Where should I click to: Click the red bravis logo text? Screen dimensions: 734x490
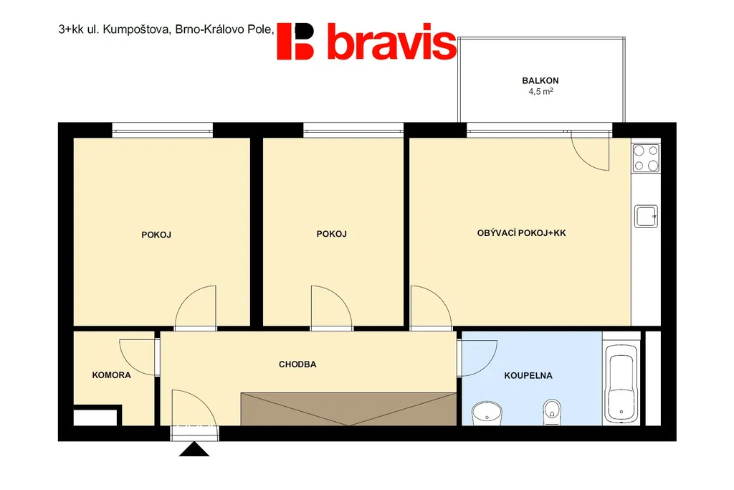tap(391, 41)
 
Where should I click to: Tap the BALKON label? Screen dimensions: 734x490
tap(540, 80)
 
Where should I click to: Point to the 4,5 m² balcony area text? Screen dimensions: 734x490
tap(540, 91)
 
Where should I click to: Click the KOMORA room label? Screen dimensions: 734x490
tap(111, 374)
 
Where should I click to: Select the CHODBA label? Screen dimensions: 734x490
tap(297, 364)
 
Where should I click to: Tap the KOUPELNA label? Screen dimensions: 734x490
tap(528, 375)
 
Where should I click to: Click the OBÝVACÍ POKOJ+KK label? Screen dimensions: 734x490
tap(522, 233)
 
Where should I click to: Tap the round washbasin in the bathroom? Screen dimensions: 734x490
tap(487, 413)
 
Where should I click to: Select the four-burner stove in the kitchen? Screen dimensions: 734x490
tap(646, 158)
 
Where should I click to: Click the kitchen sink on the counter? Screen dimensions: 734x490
tap(646, 217)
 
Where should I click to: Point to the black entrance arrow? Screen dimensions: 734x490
tap(194, 449)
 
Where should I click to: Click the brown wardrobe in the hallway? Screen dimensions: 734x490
tap(349, 409)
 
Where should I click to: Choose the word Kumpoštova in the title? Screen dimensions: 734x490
tap(135, 29)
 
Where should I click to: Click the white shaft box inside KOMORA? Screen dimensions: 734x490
tap(95, 418)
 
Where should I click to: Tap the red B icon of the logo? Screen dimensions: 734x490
tap(295, 41)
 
